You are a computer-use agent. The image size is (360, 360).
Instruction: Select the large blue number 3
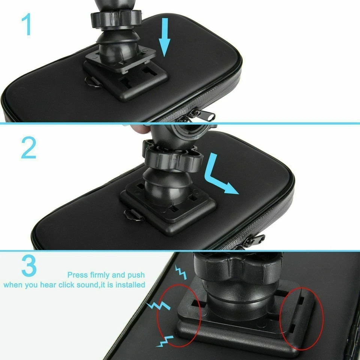[29, 266]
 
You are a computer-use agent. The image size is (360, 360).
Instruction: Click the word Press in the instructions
[78, 275]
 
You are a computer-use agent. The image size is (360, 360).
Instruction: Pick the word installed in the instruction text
[130, 285]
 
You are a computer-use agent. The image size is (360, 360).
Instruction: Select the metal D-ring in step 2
[132, 215]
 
